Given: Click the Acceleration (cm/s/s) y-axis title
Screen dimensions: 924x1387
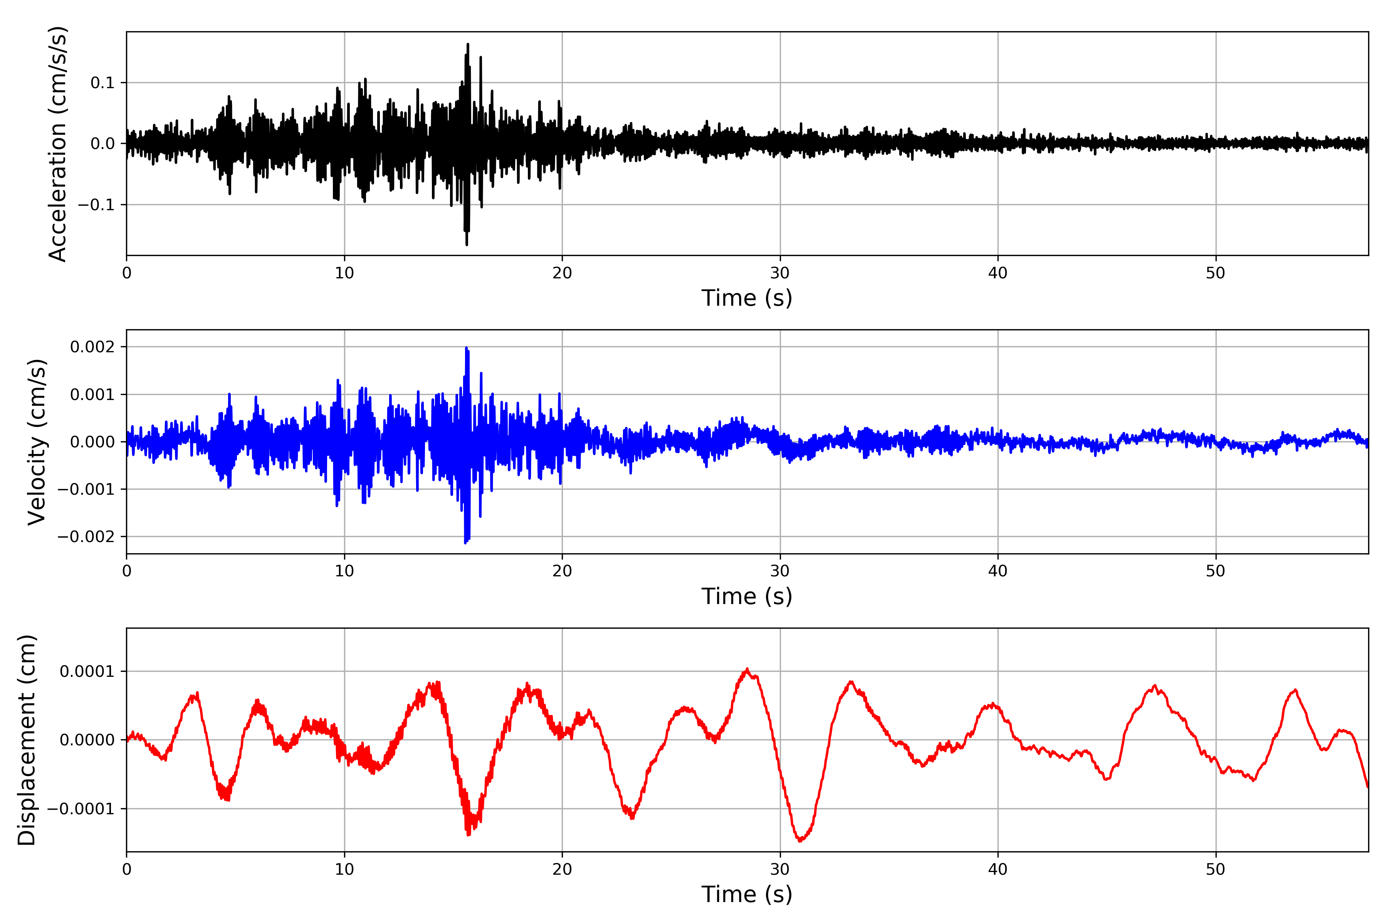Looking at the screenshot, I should pyautogui.click(x=58, y=144).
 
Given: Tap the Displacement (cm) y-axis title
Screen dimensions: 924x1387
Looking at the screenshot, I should pyautogui.click(x=27, y=740).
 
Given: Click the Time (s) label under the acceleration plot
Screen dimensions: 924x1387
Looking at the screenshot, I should pyautogui.click(x=747, y=298).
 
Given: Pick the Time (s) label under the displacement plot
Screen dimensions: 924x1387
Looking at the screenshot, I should pyautogui.click(x=747, y=894).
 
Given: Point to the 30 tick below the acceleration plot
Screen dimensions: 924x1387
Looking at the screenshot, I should pyautogui.click(x=779, y=273).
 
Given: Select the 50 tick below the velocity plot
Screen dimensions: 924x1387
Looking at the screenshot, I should pyautogui.click(x=1216, y=571).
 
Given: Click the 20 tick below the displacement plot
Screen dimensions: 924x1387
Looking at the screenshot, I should pyautogui.click(x=562, y=869).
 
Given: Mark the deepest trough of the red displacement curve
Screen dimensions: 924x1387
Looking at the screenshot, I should pyautogui.click(x=800, y=841).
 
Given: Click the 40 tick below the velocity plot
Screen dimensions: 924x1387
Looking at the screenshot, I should pyautogui.click(x=998, y=571).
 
